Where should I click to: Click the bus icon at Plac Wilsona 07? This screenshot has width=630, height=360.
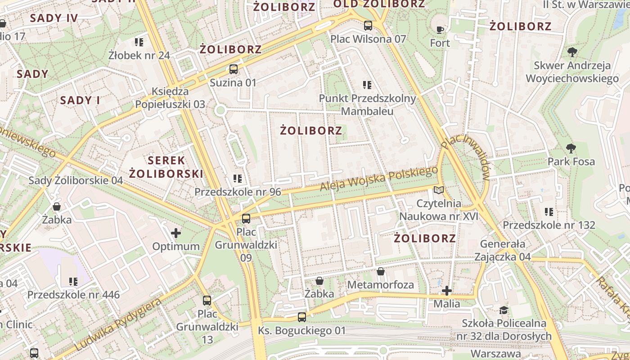[x=368, y=26]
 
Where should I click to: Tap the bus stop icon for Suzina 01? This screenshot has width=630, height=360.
[x=233, y=69]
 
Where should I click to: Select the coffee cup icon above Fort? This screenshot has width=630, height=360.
[x=440, y=30]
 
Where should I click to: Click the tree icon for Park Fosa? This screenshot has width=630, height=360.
[x=571, y=148]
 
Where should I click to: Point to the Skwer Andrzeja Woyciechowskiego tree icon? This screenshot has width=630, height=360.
[x=572, y=52]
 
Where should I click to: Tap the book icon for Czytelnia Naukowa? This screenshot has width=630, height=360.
[x=438, y=190]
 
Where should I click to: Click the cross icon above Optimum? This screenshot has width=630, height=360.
[x=176, y=233]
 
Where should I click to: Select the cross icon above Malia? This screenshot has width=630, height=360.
[x=446, y=291]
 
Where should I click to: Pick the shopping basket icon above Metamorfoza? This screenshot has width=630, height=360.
[x=380, y=271]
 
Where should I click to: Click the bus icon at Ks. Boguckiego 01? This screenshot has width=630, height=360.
[x=302, y=317]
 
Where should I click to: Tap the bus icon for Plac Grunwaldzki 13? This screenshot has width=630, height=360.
[x=207, y=301]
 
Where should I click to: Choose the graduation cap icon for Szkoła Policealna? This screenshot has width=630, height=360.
[x=504, y=310]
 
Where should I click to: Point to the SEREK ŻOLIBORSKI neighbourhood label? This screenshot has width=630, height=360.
[x=166, y=167]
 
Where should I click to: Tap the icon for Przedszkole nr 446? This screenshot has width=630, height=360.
[x=73, y=282]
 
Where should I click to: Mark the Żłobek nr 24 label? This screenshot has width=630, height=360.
[x=139, y=55]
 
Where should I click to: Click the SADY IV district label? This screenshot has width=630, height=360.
[x=54, y=18]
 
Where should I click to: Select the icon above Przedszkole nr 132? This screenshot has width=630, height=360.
[x=549, y=211]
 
